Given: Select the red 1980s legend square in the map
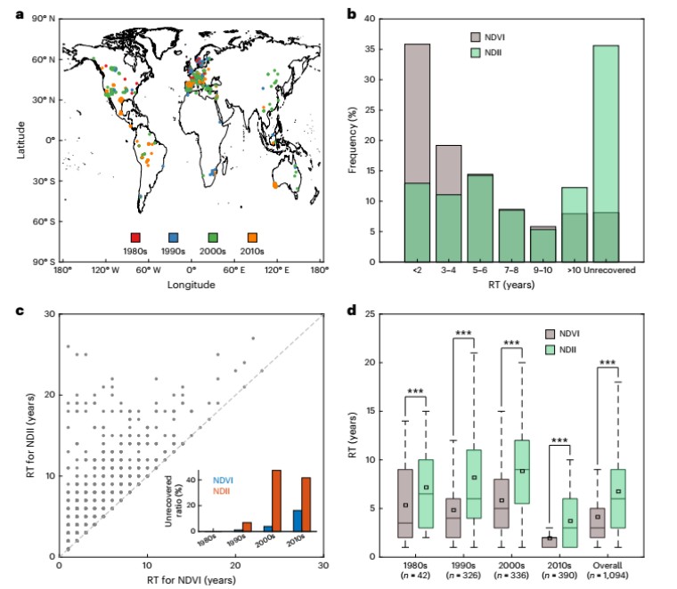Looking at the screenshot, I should point(136,238).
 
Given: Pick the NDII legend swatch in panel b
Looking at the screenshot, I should point(478,54).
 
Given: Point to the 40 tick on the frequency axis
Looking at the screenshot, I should point(371,15).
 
